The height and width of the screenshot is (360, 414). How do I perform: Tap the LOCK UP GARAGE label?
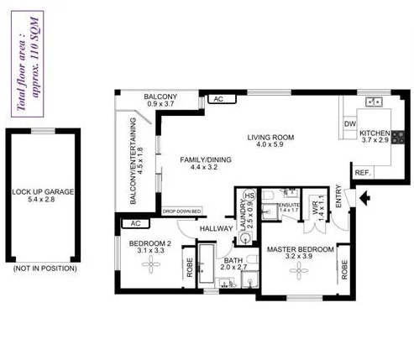point(43,196)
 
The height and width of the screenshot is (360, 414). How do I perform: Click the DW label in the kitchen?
point(350,125)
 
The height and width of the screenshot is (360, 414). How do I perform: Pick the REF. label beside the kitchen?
point(363,173)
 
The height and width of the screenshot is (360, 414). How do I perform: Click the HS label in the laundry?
point(249,196)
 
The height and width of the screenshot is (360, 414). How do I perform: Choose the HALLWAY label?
point(215,228)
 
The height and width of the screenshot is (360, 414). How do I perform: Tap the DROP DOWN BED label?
point(182,211)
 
